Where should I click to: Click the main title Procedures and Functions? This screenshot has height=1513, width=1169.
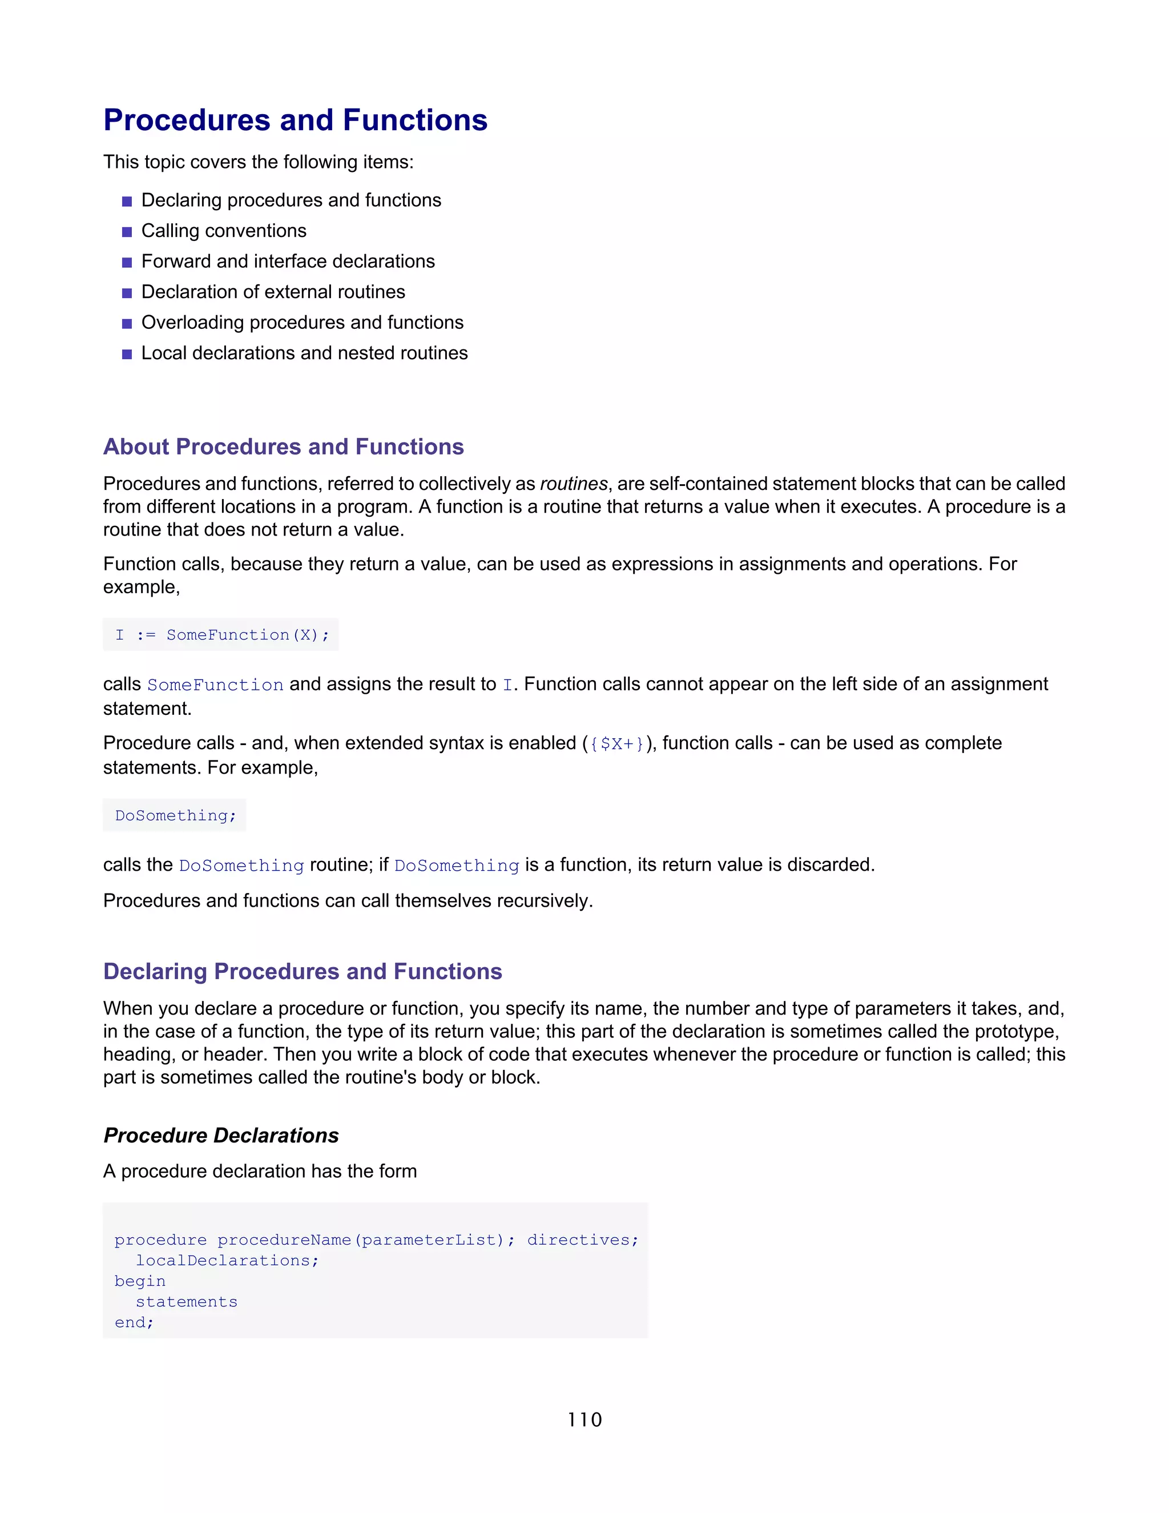pyautogui.click(x=295, y=120)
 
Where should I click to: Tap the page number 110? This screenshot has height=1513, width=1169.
pyautogui.click(x=584, y=1419)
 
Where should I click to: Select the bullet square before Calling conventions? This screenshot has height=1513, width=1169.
pyautogui.click(x=127, y=232)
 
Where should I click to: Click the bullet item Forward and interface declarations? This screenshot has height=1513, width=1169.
pyautogui.click(x=288, y=261)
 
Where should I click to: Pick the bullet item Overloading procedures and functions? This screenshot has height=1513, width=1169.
pyautogui.click(x=302, y=322)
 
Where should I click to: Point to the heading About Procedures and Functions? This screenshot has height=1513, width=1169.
pyautogui.click(x=283, y=447)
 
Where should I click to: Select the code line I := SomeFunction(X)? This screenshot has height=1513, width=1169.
pyautogui.click(x=221, y=634)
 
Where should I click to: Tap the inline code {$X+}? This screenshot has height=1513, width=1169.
pyautogui.click(x=616, y=744)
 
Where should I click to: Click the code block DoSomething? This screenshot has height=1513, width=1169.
pyautogui.click(x=175, y=815)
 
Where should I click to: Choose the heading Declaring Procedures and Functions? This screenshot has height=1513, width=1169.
pyautogui.click(x=303, y=971)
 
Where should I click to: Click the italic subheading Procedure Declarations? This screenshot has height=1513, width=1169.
pyautogui.click(x=221, y=1136)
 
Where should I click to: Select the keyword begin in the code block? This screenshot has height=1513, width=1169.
pyautogui.click(x=140, y=1281)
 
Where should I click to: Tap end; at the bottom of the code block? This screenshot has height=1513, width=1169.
pyautogui.click(x=134, y=1322)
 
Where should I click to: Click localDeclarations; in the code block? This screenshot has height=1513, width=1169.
pyautogui.click(x=227, y=1261)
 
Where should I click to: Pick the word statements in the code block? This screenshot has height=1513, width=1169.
pyautogui.click(x=186, y=1302)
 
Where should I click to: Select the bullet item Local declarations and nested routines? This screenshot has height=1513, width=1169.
pyautogui.click(x=304, y=353)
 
